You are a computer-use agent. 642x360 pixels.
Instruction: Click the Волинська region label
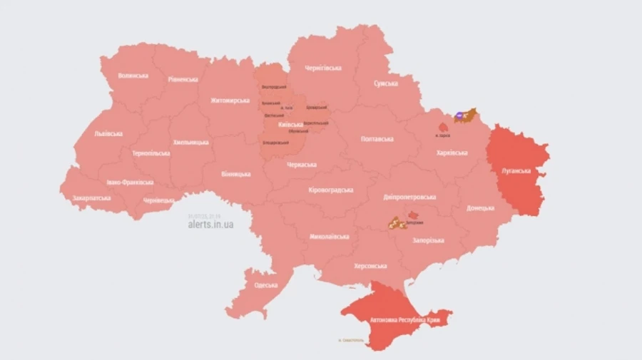pos(133,76)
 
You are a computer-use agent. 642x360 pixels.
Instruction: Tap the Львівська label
pos(108,134)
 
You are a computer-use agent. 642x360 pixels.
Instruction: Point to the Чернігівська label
pos(323,68)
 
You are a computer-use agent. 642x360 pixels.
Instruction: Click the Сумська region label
pos(385,83)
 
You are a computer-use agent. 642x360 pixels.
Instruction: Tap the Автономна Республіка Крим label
pos(404,321)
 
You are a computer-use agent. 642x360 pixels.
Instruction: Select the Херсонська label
pos(370,266)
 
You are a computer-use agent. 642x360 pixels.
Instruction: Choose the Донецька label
pos(480,208)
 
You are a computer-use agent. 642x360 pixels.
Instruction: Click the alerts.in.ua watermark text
pos(210,224)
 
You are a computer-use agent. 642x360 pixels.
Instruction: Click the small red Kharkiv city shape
pos(443,127)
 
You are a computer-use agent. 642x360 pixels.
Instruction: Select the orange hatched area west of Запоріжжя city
pos(396,224)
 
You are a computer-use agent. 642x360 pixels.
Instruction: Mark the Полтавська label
pos(377,139)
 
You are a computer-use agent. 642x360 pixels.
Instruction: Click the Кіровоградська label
pos(331,190)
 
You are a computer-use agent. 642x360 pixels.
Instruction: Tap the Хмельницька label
pos(191,142)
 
